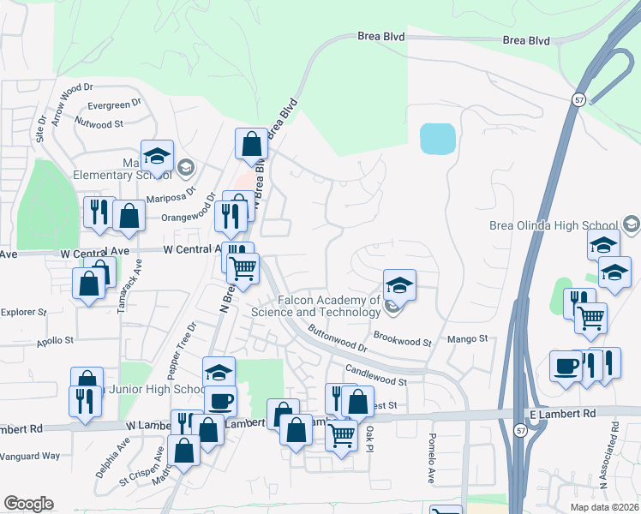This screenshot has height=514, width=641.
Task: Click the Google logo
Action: tap(28, 504)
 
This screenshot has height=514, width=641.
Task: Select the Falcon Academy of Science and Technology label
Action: tap(316, 306)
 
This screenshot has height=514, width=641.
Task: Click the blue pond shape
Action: tap(437, 139)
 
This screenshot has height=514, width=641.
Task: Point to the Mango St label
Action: tap(468, 339)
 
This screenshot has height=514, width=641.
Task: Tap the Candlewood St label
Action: tap(375, 375)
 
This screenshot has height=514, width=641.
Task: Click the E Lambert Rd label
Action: tap(562, 414)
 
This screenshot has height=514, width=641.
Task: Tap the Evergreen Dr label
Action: tap(115, 106)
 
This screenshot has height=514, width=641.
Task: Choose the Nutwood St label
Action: tap(99, 124)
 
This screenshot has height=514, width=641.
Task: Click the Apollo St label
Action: tap(55, 340)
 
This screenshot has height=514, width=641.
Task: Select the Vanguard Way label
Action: tap(30, 457)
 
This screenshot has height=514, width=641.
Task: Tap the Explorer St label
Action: tap(23, 313)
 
